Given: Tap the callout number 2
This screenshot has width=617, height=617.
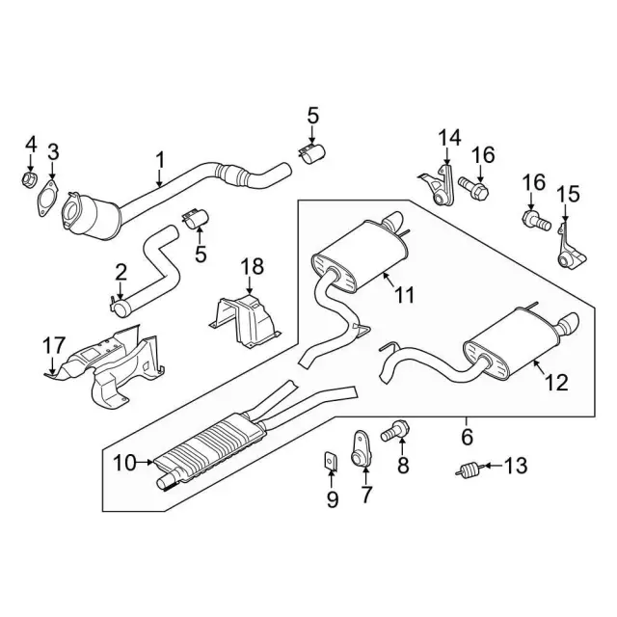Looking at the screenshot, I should (x=121, y=273).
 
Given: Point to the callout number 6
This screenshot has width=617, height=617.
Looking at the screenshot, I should (x=468, y=436).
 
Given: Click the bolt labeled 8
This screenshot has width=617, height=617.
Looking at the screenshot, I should (x=395, y=433).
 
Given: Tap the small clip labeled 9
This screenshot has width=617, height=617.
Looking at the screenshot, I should (x=329, y=466).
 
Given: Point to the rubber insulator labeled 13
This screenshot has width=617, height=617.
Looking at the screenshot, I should (x=469, y=470).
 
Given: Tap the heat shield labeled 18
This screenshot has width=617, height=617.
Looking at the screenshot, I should (x=247, y=318).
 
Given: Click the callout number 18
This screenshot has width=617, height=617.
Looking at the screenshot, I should (x=251, y=265).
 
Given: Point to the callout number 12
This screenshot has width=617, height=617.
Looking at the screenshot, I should (x=555, y=384).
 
